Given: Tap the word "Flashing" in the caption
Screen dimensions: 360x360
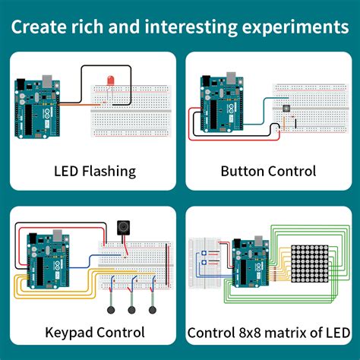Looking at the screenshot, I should click(109, 171).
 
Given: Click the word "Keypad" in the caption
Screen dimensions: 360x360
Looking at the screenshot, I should click(68, 332).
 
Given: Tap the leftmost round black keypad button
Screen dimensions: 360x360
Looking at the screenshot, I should click(111, 310).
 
